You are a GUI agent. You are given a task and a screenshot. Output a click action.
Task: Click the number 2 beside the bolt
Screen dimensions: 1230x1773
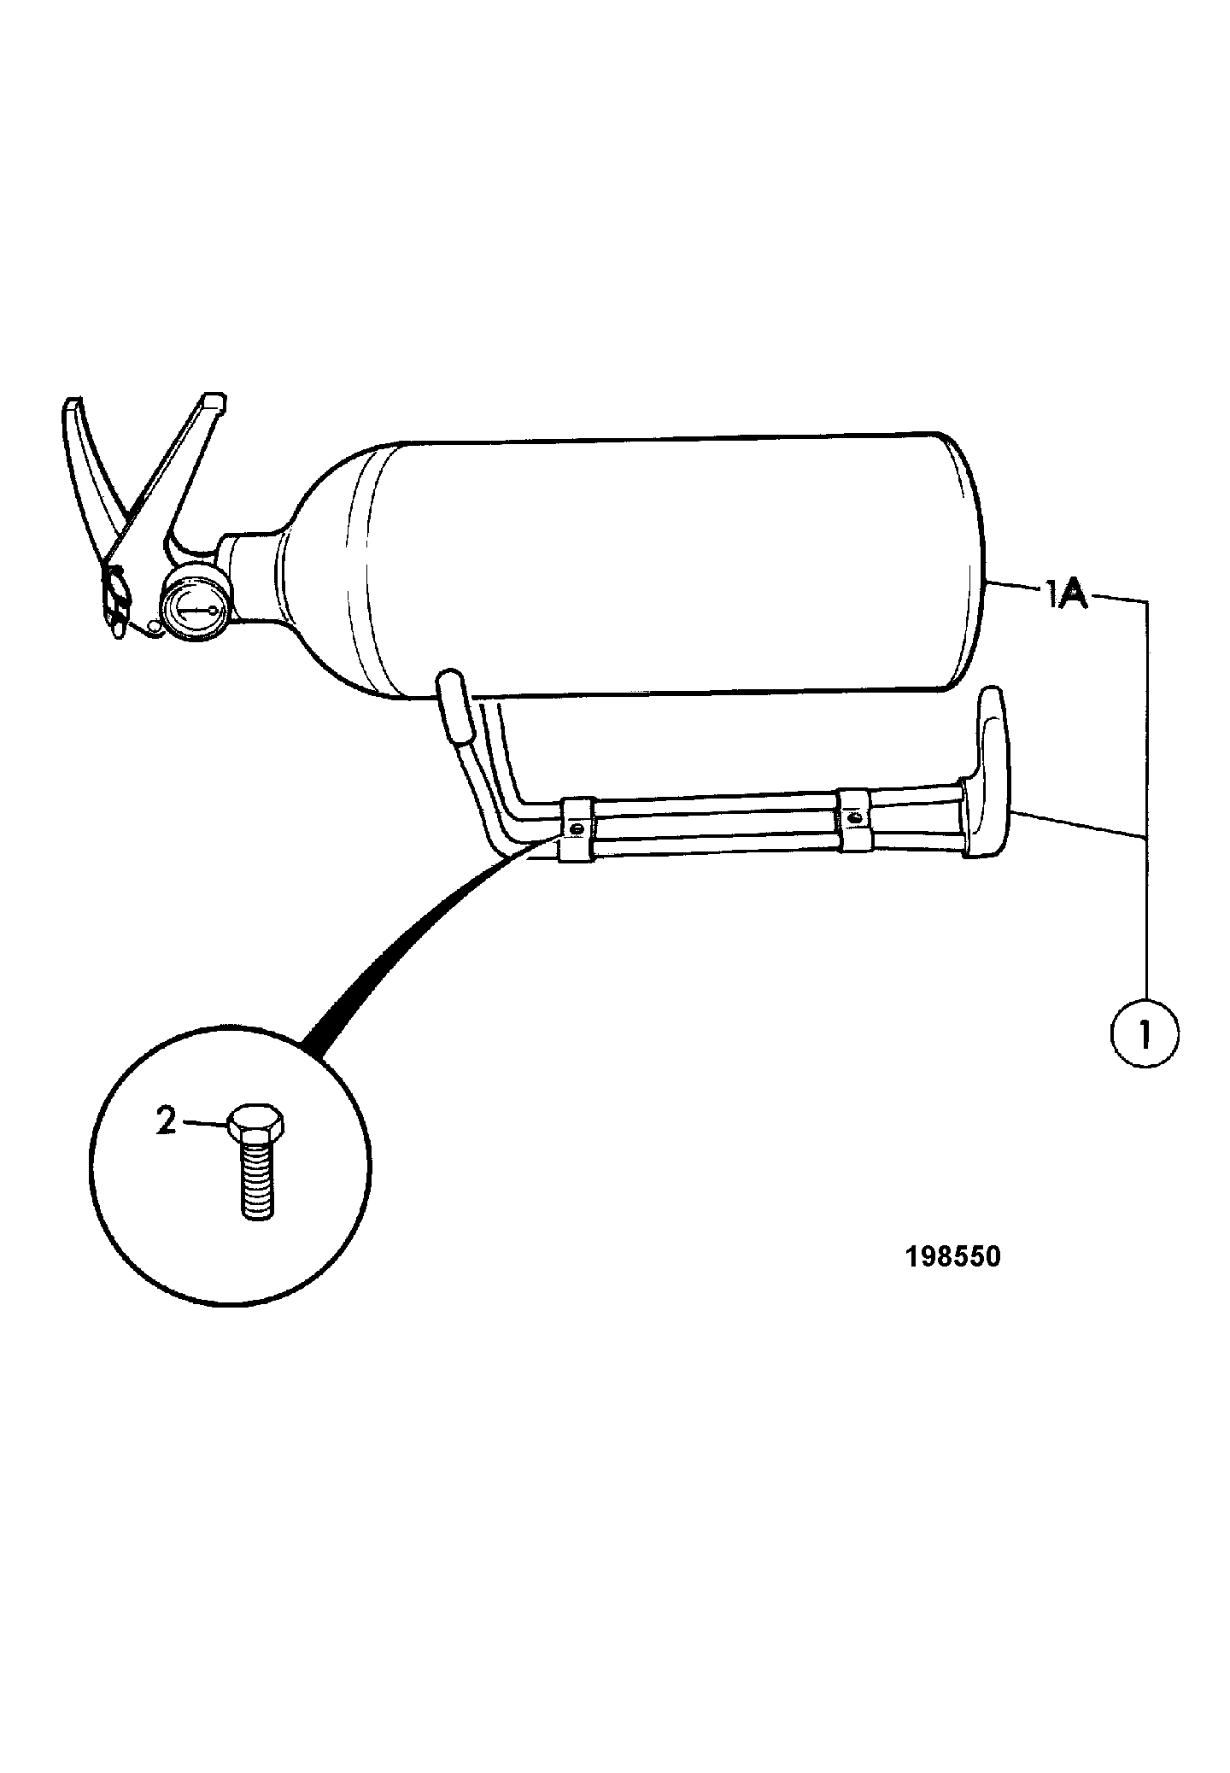(x=166, y=1120)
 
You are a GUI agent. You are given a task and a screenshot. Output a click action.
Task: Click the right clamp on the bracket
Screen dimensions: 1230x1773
(x=854, y=819)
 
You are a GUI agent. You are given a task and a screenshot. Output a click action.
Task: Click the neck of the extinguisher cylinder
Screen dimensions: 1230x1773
(x=252, y=580)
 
